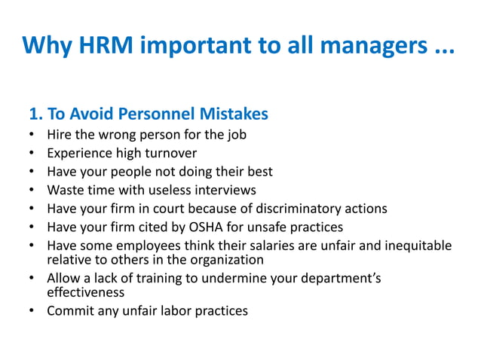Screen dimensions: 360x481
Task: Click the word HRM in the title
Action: click(106, 46)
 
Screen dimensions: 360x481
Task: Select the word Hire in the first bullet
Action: click(60, 136)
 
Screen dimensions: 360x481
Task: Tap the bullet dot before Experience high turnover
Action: click(31, 154)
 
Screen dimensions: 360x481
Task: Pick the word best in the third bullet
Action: click(259, 172)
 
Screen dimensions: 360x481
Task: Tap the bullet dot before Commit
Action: click(31, 310)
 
